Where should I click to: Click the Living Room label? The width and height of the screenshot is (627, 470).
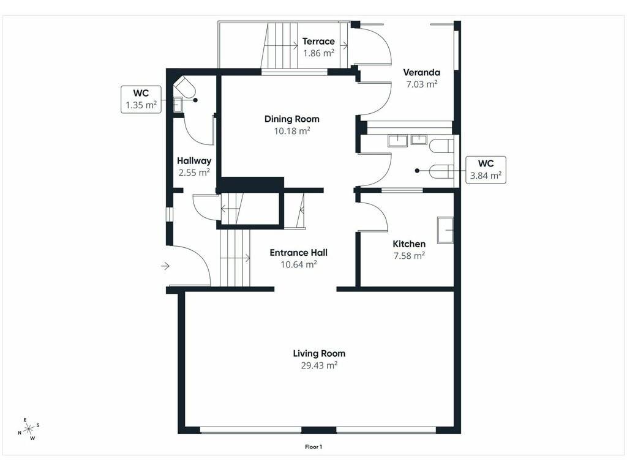coord(319,354)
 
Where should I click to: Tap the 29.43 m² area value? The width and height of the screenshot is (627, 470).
coord(319,365)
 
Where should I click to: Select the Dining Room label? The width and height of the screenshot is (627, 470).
coord(292,119)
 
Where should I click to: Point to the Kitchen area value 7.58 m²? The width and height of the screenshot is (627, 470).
coord(409,256)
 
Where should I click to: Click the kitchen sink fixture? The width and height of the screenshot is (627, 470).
coord(445,230)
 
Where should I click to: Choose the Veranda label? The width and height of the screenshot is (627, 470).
coord(421,72)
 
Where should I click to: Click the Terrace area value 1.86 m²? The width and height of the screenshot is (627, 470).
coord(318,53)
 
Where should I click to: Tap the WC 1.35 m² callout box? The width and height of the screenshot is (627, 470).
coord(141,100)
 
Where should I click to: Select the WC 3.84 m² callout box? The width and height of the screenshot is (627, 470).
coord(486,170)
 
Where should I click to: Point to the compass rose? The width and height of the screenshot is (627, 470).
coord(29,430)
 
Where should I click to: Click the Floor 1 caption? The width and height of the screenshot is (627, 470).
coord(313,447)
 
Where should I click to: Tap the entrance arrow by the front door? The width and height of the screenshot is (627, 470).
coord(165,266)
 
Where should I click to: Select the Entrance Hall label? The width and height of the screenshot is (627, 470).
coord(299,253)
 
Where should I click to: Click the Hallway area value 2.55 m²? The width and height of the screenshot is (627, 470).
coord(194,173)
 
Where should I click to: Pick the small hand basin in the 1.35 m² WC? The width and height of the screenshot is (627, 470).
coord(178,105)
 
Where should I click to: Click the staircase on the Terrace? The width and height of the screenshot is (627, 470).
coord(279,46)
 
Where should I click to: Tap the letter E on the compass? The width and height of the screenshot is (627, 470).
coord(25,420)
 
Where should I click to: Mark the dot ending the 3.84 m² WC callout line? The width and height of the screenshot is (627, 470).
coord(417,171)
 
